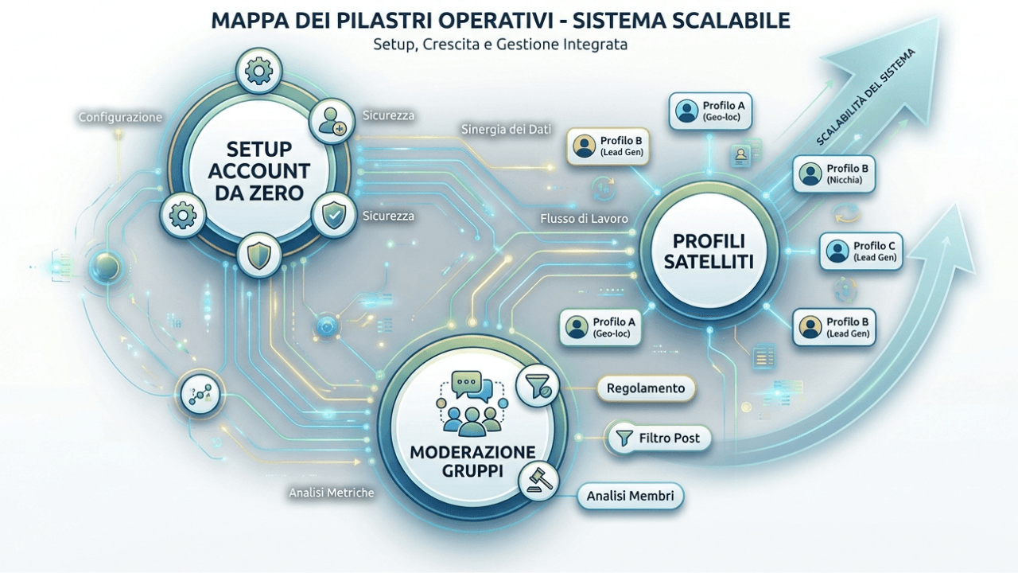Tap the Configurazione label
[120, 117]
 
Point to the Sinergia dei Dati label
[506, 130]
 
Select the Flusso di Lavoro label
[584, 219]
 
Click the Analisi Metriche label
[332, 493]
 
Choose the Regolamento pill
[646, 388]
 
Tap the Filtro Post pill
[659, 438]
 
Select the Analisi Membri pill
[631, 496]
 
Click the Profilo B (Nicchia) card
[834, 173]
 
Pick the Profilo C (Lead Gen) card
[861, 251]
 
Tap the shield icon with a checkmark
[334, 215]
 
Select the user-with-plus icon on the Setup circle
[332, 121]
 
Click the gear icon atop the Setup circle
[258, 71]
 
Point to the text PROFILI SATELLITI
[709, 251]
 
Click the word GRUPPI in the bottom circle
[472, 471]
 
